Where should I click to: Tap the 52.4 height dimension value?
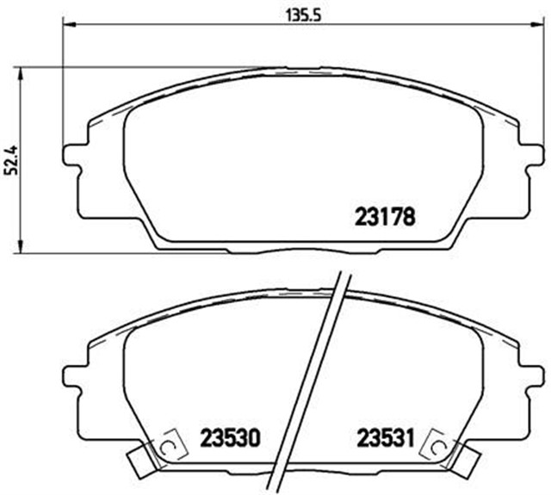[x=11, y=160]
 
